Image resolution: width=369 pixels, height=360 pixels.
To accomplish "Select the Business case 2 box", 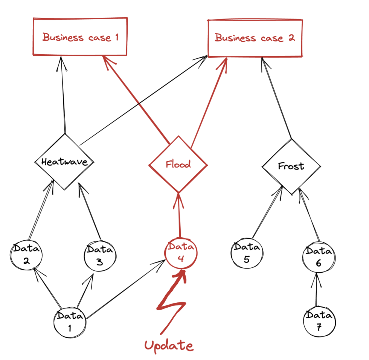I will [255, 38].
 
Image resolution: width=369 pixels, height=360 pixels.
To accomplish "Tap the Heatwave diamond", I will [64, 162].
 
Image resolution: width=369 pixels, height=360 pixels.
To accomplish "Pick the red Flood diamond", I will [178, 164].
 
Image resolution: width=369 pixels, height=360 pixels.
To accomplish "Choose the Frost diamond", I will [291, 166].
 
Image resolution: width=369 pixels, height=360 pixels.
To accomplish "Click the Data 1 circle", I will [70, 322].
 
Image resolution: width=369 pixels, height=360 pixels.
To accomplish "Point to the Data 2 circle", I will [26, 255].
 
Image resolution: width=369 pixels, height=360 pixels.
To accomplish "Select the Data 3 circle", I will [99, 256].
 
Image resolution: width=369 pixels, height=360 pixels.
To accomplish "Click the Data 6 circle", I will [318, 258].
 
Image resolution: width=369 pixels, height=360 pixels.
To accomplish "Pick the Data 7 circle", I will [319, 322].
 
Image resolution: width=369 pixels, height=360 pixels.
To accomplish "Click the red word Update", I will [169, 345].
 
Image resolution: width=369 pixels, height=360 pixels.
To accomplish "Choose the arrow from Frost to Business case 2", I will [277, 98].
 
